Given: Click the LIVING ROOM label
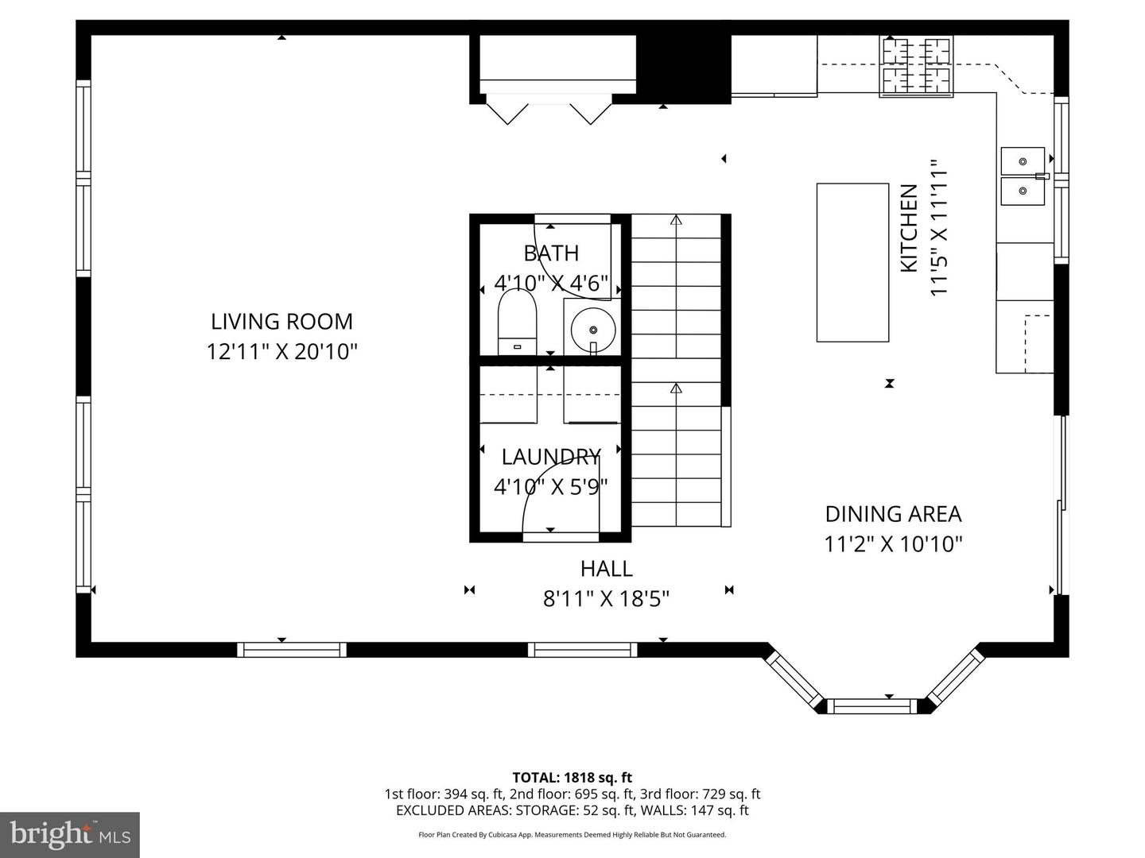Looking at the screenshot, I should [x=281, y=322].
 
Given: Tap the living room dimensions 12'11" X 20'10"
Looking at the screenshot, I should [x=281, y=351].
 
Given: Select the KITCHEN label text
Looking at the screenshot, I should [x=909, y=228].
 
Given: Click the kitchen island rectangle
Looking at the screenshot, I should [x=852, y=262].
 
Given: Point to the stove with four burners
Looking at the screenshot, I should [x=916, y=67].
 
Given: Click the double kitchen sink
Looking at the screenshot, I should [x=1023, y=176].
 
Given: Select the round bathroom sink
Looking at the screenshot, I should [x=592, y=327].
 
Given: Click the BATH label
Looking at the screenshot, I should [x=550, y=253].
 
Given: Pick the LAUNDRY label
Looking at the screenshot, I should [x=550, y=457].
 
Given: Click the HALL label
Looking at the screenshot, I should [x=606, y=569].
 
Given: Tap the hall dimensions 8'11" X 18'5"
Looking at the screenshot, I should [x=606, y=598].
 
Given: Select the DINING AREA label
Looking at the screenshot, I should [x=893, y=514].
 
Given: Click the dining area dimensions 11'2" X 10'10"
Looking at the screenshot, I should [x=893, y=544].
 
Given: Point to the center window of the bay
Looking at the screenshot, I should [x=873, y=705].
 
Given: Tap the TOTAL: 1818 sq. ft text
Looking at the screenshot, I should [x=572, y=778].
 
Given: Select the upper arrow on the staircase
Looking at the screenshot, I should [x=676, y=221].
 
